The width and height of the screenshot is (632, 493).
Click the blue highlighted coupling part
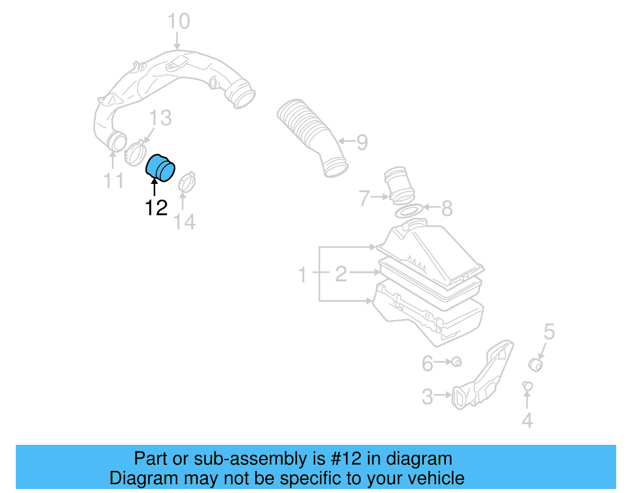click(x=160, y=168)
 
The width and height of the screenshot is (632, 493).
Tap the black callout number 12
click(x=156, y=208)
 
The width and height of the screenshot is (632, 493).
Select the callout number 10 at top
click(x=179, y=21)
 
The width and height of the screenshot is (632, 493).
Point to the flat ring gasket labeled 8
click(x=409, y=211)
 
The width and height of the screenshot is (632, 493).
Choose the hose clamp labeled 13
click(x=135, y=153)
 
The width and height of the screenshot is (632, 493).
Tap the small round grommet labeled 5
click(x=536, y=365)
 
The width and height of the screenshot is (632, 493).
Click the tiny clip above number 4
click(x=527, y=385)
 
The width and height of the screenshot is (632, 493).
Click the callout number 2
click(x=341, y=274)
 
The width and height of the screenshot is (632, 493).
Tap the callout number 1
click(x=303, y=275)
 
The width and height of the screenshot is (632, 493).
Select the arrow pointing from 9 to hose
click(x=346, y=141)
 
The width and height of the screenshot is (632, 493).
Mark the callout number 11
click(x=113, y=181)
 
